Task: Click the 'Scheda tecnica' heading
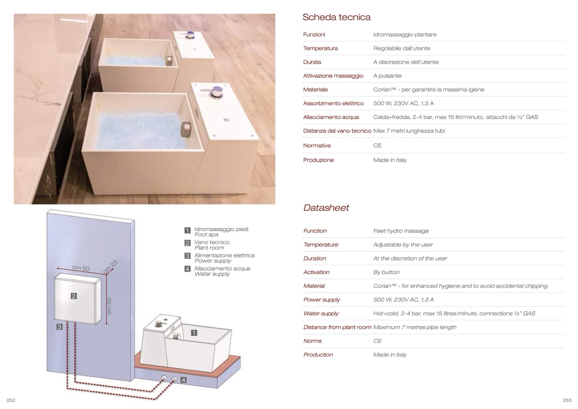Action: pyautogui.click(x=336, y=17)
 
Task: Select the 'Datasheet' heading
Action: pyautogui.click(x=326, y=208)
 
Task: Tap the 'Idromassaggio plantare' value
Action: pyautogui.click(x=405, y=35)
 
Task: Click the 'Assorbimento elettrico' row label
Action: pyautogui.click(x=333, y=103)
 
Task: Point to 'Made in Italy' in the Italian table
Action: pyautogui.click(x=390, y=160)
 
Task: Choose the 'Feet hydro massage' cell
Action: pyautogui.click(x=401, y=231)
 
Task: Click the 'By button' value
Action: pyautogui.click(x=386, y=272)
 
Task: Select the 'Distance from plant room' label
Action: pyautogui.click(x=337, y=327)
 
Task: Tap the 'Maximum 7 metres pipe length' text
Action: pyautogui.click(x=415, y=327)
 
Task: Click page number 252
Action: pyautogui.click(x=11, y=400)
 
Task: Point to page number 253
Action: pyautogui.click(x=567, y=400)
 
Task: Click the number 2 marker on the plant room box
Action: pyautogui.click(x=74, y=296)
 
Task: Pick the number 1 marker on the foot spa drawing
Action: pyautogui.click(x=194, y=333)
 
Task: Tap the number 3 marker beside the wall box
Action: pyautogui.click(x=59, y=327)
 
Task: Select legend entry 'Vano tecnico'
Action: pyautogui.click(x=212, y=242)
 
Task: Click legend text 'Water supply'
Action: pyautogui.click(x=212, y=274)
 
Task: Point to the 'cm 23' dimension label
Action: pyautogui.click(x=110, y=267)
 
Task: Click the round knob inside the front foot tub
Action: pyautogui.click(x=186, y=129)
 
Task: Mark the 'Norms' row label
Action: pyautogui.click(x=312, y=341)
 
